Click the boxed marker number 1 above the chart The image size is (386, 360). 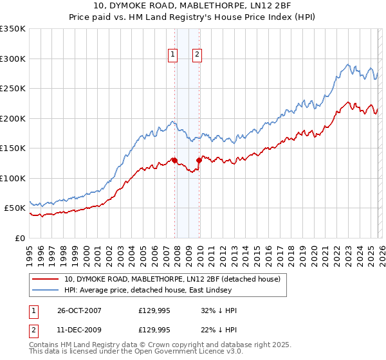174,55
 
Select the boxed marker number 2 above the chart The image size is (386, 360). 196,55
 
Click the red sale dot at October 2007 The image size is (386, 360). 174,161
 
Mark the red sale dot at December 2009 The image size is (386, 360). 199,161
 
